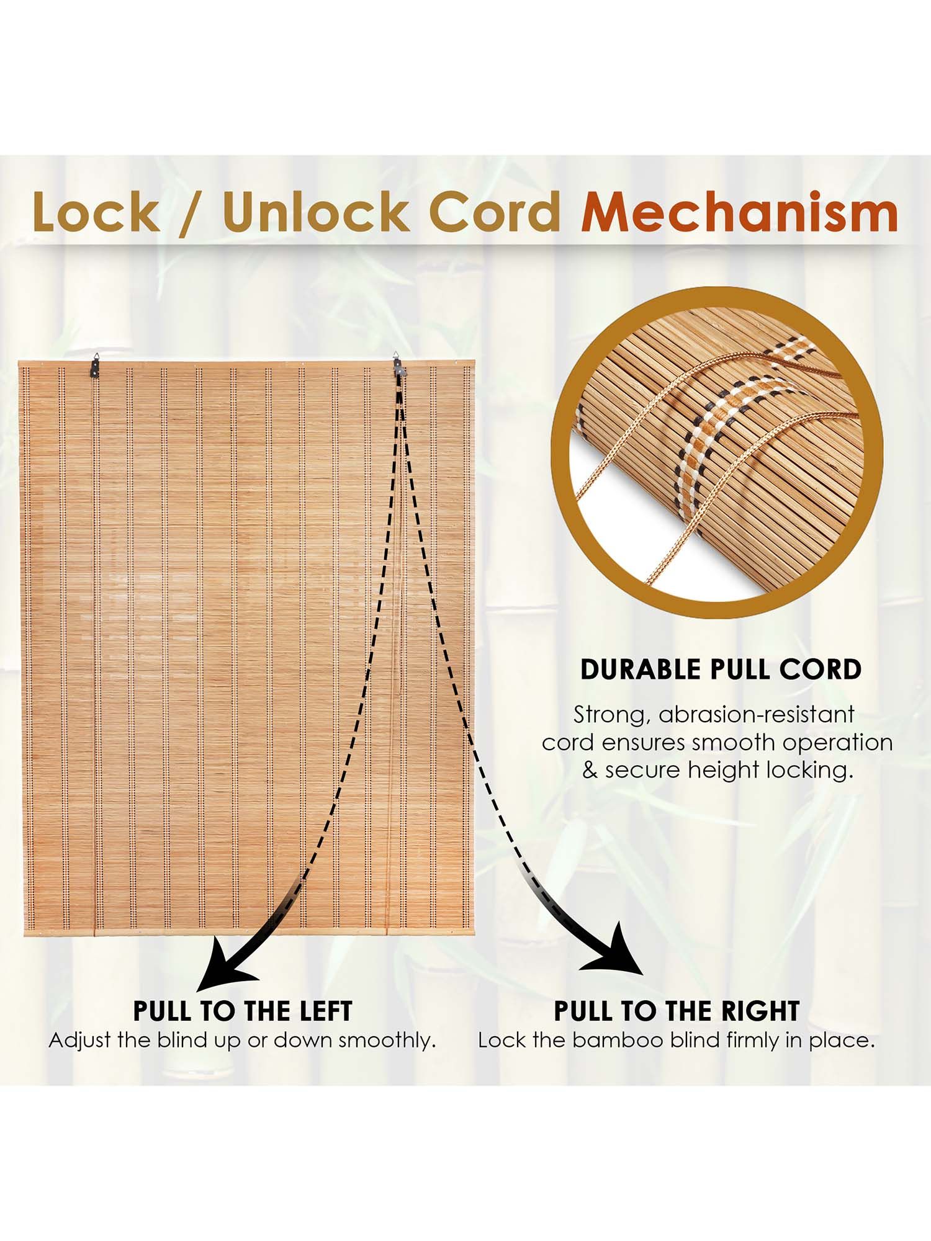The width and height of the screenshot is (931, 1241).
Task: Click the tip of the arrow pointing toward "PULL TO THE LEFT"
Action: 197,990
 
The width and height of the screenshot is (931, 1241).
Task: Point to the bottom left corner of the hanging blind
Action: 19,936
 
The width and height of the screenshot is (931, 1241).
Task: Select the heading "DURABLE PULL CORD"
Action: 721,670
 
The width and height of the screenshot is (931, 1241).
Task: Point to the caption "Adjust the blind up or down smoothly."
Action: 242,1041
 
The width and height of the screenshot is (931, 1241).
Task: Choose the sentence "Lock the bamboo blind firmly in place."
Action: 677,1041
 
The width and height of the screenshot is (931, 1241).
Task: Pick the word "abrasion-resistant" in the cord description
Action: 757,715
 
